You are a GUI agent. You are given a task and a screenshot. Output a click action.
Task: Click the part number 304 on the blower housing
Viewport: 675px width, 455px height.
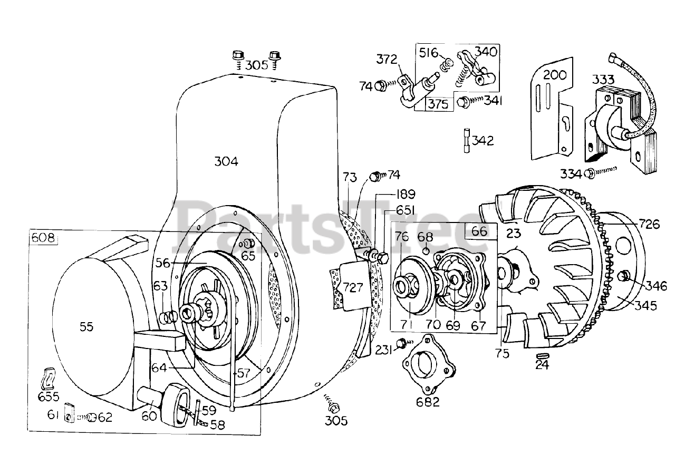[x=226, y=161]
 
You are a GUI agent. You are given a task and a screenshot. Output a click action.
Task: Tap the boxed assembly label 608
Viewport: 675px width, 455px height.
[x=43, y=237]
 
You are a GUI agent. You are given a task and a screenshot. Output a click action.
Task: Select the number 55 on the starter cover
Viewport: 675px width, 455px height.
[x=86, y=327]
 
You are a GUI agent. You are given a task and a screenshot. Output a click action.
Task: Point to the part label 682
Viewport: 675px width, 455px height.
[x=427, y=402]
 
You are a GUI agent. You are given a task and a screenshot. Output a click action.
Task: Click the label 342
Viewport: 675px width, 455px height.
[x=483, y=141]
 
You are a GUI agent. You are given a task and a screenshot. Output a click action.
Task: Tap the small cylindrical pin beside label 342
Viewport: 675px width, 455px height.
[x=467, y=141]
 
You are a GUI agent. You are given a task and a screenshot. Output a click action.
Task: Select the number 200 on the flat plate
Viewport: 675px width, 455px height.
[x=554, y=74]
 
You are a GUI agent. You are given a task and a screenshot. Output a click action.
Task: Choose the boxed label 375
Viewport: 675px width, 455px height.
[x=438, y=103]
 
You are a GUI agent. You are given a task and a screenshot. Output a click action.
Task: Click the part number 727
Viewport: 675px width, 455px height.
[x=353, y=287]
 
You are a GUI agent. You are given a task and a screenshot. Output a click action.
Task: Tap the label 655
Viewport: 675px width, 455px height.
[x=49, y=396]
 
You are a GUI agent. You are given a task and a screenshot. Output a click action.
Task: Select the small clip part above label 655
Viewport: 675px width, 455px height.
[x=48, y=378]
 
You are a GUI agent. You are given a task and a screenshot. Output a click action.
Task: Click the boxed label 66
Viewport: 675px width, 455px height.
[x=480, y=231]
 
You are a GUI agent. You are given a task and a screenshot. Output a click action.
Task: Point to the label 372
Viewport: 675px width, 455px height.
[x=387, y=60]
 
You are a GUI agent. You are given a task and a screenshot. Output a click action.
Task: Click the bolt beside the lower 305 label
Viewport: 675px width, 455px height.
[x=332, y=407]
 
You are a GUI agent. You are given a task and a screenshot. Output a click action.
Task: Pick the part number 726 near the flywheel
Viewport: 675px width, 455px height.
[x=649, y=224]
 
